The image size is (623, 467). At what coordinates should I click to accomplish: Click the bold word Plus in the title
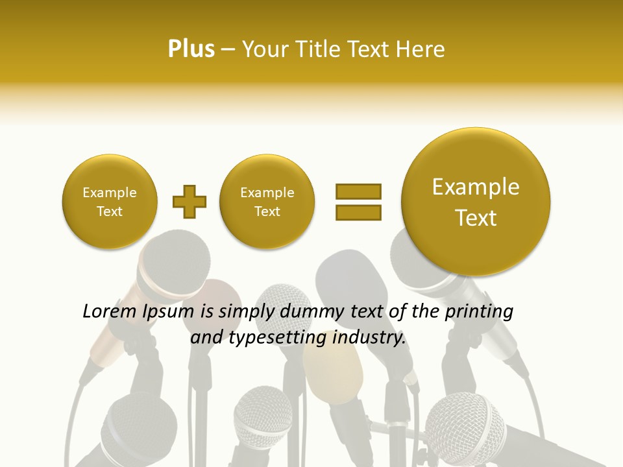click(191, 49)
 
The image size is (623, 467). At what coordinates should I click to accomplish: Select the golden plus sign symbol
click(189, 202)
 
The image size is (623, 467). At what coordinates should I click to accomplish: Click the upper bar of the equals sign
click(358, 191)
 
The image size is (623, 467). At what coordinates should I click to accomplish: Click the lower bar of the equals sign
click(358, 212)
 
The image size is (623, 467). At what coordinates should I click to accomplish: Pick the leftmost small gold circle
click(110, 202)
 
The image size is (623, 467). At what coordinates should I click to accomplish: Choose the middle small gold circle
click(267, 202)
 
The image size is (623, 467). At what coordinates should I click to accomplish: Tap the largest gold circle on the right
click(476, 202)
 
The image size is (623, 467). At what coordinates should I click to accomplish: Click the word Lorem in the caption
click(108, 312)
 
